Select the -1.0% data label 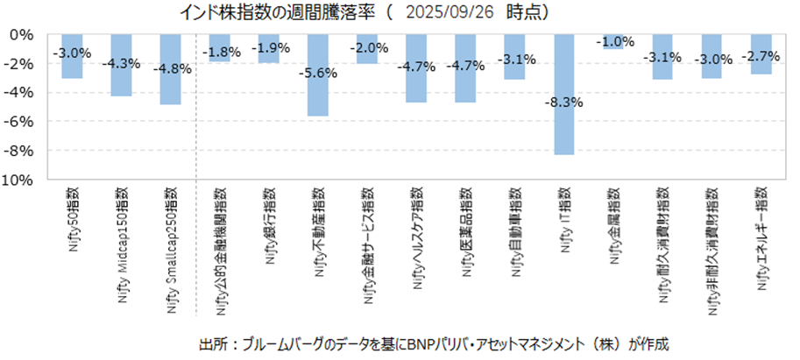click(613, 41)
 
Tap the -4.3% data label click(121, 64)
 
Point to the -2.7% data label click(761, 56)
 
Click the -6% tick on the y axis click(19, 122)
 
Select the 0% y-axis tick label click(22, 34)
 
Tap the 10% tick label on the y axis click(18, 180)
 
